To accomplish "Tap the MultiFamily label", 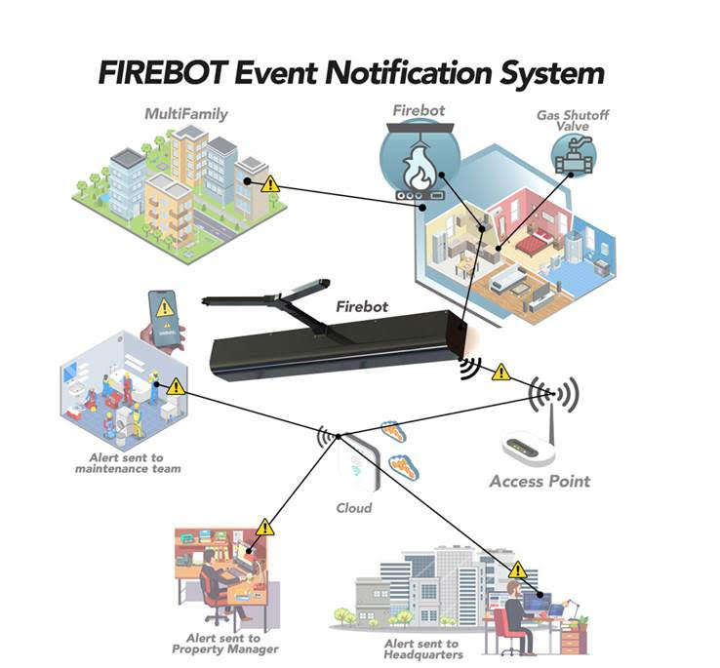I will pos(185,114).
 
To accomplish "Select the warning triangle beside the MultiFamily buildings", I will pos(271,182).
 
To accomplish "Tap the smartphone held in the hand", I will pos(165,314).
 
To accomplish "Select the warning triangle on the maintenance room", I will pos(176,386).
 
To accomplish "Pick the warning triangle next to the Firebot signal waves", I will pos(500,372).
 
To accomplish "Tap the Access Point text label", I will pos(540,481).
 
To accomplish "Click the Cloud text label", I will pos(353,508).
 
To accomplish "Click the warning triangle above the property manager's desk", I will pos(264,528).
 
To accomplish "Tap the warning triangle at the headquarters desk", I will pos(517,570).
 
